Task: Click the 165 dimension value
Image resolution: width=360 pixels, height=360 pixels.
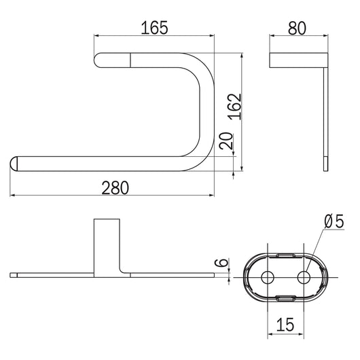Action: point(154,28)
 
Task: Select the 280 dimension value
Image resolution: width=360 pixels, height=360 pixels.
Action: point(115,187)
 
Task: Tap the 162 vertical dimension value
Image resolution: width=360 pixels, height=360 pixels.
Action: point(235,107)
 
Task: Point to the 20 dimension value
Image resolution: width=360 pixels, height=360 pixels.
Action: point(226,141)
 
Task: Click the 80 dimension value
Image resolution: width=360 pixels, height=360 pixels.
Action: point(297,28)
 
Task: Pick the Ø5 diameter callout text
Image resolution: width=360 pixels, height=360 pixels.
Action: point(334,221)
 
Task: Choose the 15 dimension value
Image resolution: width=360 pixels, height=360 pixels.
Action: point(285,325)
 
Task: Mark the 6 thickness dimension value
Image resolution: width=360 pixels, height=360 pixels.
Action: point(221,262)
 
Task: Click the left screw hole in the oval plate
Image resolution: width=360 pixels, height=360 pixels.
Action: point(268,278)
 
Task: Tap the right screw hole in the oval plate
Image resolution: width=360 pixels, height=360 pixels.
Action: point(304,278)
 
